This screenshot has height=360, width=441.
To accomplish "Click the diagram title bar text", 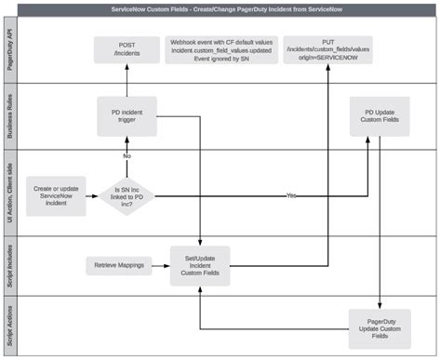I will click(220, 7).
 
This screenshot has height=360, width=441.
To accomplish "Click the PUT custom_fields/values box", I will click(327, 48).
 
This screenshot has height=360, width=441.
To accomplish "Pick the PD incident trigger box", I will click(127, 116).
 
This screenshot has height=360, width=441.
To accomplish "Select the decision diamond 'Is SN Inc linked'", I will click(127, 194).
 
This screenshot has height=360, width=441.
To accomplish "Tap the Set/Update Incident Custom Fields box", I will click(199, 266).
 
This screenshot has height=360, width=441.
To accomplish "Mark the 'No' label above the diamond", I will click(127, 155).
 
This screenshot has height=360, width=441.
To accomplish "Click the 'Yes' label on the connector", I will click(292, 195).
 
